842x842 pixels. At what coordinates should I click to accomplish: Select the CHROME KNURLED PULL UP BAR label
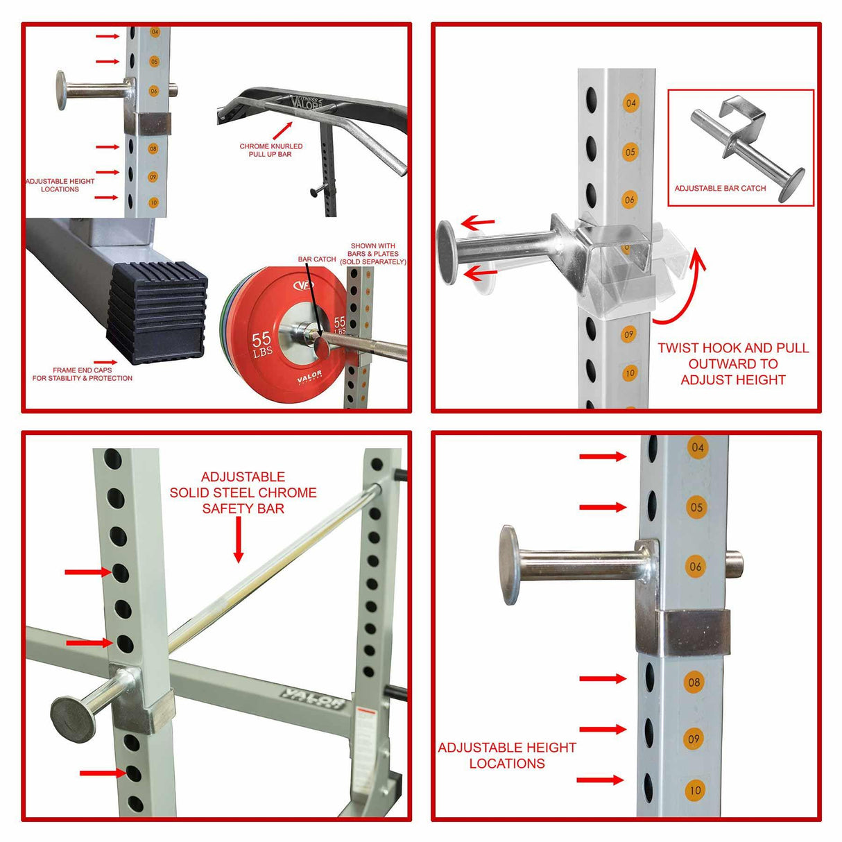271,151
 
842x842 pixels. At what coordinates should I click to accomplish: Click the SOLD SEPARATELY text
373,261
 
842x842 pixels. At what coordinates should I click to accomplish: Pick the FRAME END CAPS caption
83,375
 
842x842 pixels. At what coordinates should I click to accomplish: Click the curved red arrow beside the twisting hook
682,291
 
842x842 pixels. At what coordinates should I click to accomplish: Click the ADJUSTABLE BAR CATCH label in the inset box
720,188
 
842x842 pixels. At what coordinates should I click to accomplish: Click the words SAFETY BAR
243,508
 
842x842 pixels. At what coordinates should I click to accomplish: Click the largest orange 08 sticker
694,682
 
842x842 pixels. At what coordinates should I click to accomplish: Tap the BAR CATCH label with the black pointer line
317,259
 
